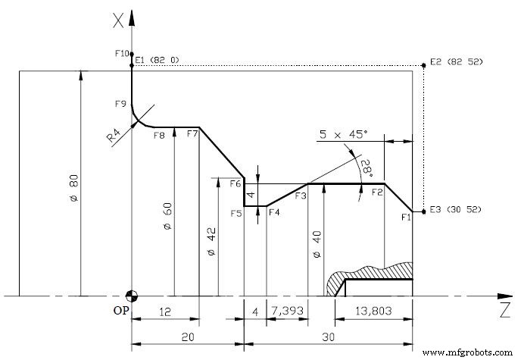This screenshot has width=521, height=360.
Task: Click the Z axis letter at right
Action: point(502,309)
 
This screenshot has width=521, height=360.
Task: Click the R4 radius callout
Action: point(114,136)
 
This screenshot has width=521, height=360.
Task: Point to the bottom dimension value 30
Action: point(329,337)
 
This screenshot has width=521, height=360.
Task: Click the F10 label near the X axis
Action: point(118,53)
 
